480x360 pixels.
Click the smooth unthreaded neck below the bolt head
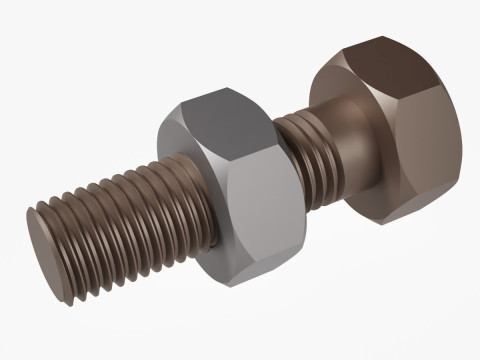(330, 150)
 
